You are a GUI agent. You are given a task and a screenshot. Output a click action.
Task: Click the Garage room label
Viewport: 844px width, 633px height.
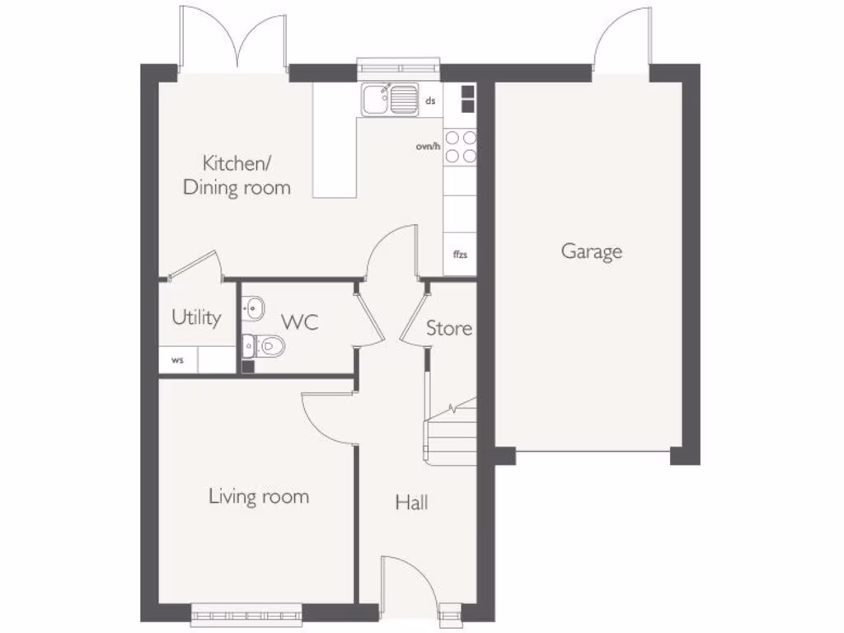[x=591, y=251]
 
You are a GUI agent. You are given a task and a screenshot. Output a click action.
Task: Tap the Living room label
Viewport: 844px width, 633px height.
[x=258, y=496]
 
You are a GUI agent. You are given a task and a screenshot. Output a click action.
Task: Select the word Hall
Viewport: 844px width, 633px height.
[x=411, y=502]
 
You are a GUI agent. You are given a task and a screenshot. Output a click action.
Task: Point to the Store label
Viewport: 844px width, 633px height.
[x=449, y=328]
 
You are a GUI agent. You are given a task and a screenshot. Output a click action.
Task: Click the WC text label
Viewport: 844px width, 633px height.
[x=299, y=322]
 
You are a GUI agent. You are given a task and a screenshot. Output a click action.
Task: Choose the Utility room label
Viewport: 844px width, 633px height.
[x=196, y=317]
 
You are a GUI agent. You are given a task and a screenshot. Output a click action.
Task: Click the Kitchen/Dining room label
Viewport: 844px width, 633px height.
[x=237, y=175]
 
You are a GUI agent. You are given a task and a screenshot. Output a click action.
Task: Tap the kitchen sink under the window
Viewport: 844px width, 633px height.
[x=389, y=100]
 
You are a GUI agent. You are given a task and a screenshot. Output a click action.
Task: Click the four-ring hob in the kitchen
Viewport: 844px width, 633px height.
[x=460, y=147]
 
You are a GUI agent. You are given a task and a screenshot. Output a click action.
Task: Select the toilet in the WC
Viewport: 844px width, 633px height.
[x=265, y=346]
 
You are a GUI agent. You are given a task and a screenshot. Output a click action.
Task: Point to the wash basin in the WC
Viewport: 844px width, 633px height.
[x=252, y=309]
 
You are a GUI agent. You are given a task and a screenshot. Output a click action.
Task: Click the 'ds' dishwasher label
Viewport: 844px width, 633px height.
[x=429, y=101]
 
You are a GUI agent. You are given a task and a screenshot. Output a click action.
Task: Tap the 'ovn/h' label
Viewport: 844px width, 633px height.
[x=429, y=147]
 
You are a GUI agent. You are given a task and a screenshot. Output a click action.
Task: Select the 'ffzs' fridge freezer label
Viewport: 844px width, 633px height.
[x=460, y=254]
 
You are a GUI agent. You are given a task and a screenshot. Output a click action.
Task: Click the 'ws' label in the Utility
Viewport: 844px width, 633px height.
[x=177, y=360]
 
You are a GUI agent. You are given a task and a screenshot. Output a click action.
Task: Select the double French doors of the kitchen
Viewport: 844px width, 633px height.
[x=234, y=37]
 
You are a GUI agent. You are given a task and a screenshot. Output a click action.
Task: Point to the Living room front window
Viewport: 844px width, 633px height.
[x=246, y=612]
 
